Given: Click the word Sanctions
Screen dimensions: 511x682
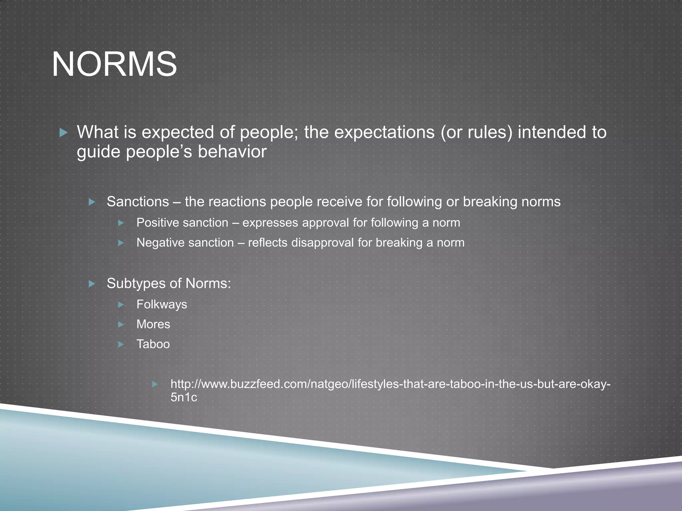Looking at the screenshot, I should [138, 202].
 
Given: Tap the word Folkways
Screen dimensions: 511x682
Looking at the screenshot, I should [162, 304].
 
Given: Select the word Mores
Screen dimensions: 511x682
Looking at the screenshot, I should [153, 324].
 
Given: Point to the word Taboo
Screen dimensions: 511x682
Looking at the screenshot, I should [153, 344].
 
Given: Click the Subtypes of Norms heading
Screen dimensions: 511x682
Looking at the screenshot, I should [169, 283].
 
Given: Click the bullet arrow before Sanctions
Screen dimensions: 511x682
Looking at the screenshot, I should [92, 202].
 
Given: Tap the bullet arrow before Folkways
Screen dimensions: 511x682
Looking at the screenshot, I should [121, 305].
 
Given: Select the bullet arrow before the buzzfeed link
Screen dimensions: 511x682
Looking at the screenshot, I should [155, 385].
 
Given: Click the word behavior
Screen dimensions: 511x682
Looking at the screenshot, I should [232, 152].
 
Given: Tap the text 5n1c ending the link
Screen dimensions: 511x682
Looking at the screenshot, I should [184, 397].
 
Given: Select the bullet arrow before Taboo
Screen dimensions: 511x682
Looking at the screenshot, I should [121, 344].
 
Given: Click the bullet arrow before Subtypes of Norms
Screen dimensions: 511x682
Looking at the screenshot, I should [92, 284].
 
